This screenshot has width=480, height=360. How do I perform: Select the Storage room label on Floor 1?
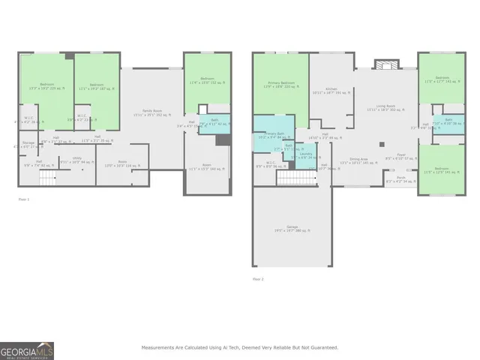[28, 144]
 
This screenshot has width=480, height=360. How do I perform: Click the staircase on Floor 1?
[48, 178]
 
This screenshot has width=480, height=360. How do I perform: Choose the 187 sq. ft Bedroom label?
[97, 86]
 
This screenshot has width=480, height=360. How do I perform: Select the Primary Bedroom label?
[279, 85]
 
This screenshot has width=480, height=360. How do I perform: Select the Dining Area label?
[354, 160]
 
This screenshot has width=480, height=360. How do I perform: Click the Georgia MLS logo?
[27, 350]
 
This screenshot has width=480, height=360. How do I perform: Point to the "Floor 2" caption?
[258, 279]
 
